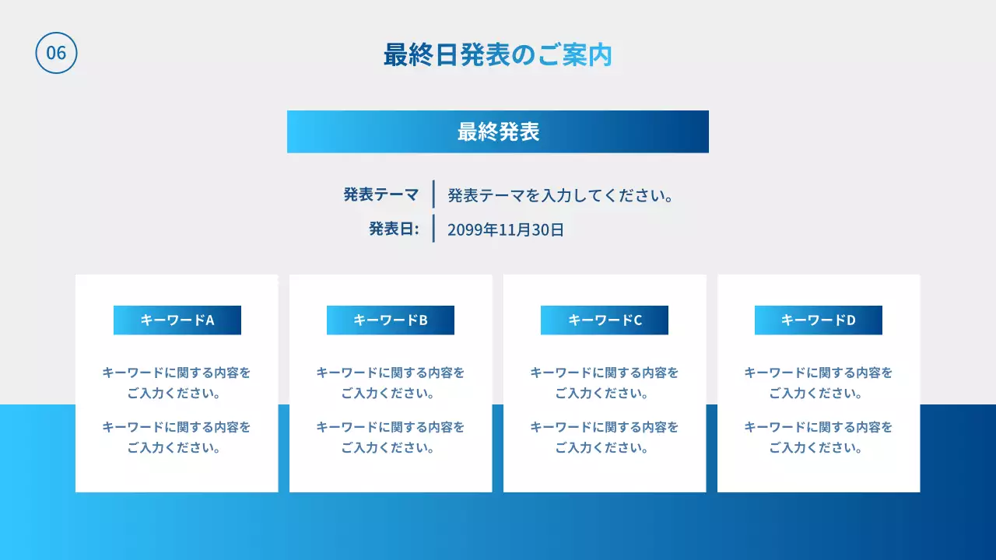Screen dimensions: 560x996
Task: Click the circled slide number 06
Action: tap(56, 53)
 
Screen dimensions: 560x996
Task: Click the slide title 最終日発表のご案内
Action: tap(498, 55)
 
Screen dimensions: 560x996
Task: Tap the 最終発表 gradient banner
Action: tap(498, 131)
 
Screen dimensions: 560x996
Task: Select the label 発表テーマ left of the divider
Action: tap(381, 194)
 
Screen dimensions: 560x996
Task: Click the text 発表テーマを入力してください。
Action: tap(560, 195)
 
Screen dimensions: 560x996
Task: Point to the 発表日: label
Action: tap(394, 229)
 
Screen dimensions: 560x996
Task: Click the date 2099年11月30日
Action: tap(506, 229)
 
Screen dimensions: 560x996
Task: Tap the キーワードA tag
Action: tap(177, 320)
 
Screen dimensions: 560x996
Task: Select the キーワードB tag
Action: tap(391, 320)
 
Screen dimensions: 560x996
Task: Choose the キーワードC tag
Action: tap(605, 320)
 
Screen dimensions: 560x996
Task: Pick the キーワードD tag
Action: tap(819, 320)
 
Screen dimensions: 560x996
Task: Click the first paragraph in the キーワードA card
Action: tap(177, 383)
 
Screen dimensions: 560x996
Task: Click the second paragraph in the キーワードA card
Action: tap(177, 437)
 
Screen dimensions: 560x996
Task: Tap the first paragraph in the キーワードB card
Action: tap(391, 383)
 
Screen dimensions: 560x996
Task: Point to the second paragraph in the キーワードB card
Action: tap(391, 437)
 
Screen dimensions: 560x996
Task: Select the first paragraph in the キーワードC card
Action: tap(605, 383)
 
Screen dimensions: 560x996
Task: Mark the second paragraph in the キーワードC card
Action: tap(605, 437)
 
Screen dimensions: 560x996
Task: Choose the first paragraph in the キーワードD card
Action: tap(819, 383)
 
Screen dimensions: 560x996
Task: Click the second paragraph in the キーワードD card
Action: tap(819, 437)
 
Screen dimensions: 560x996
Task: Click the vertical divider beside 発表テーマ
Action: tap(433, 194)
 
